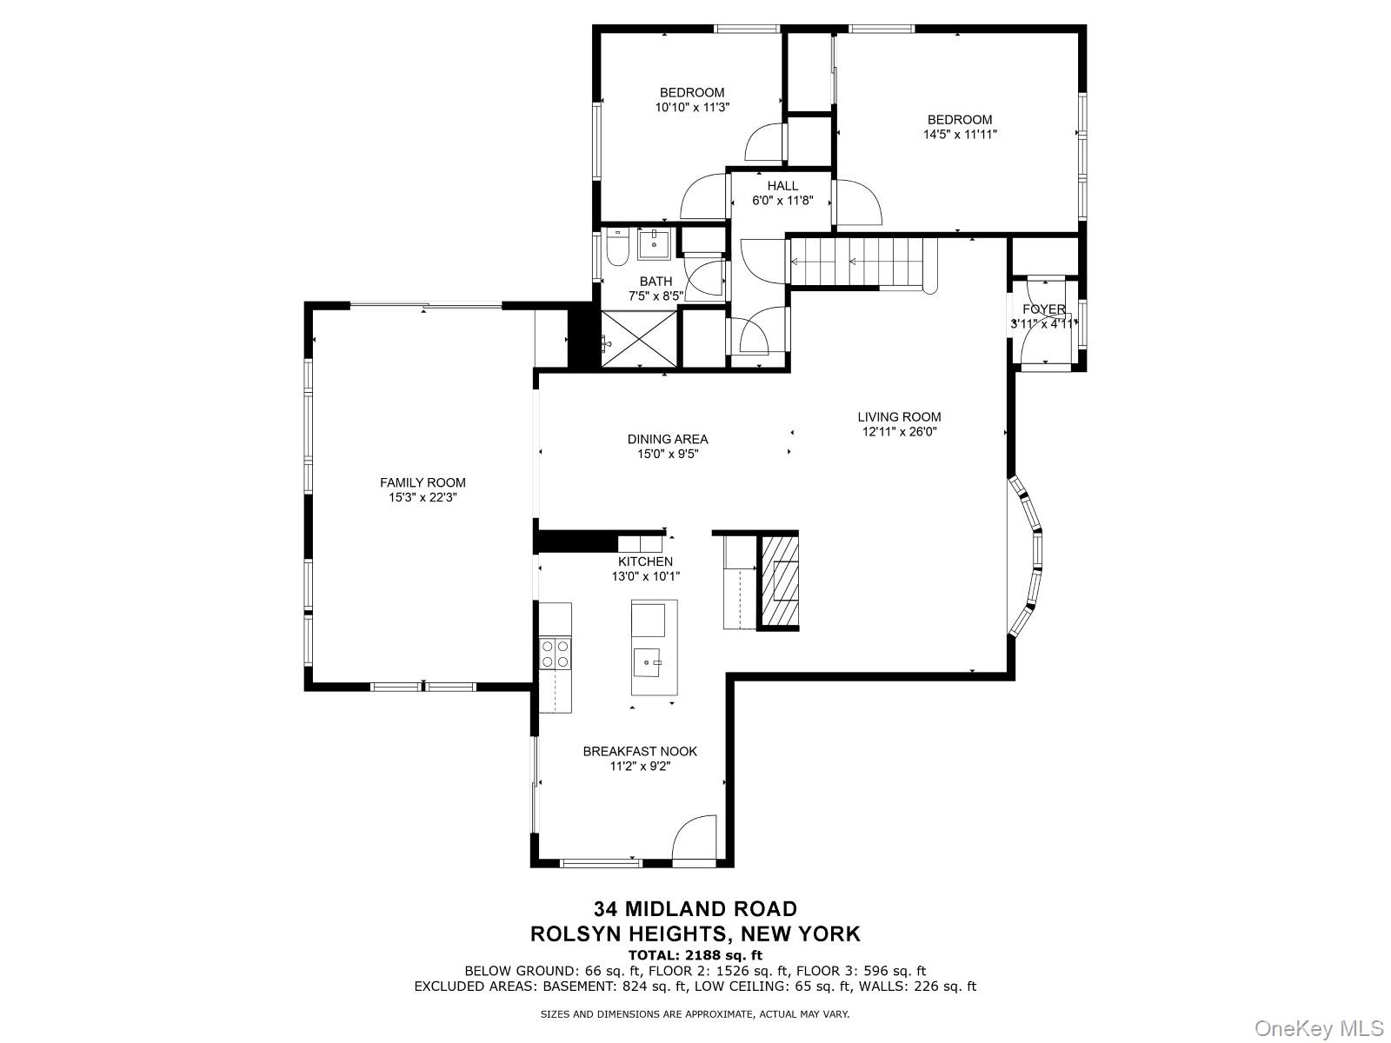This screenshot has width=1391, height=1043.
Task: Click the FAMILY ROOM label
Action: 423,482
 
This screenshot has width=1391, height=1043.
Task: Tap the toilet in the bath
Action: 617,248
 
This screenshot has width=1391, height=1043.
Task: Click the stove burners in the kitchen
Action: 555,654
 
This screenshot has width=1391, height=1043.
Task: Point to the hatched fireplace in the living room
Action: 779,581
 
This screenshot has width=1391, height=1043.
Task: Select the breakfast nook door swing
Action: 695,839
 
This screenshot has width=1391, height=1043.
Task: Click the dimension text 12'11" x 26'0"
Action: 899,431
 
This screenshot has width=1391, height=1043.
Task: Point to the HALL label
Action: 782,186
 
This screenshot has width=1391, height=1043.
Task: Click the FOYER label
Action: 1043,309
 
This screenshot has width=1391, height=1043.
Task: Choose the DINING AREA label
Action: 668,439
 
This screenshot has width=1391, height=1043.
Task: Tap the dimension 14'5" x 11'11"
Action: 960,135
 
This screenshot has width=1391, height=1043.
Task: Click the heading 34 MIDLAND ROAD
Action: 695,909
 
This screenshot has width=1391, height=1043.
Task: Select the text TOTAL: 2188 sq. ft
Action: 695,955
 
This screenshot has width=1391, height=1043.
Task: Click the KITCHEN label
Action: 645,561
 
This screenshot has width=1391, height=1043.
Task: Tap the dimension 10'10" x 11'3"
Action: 692,108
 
